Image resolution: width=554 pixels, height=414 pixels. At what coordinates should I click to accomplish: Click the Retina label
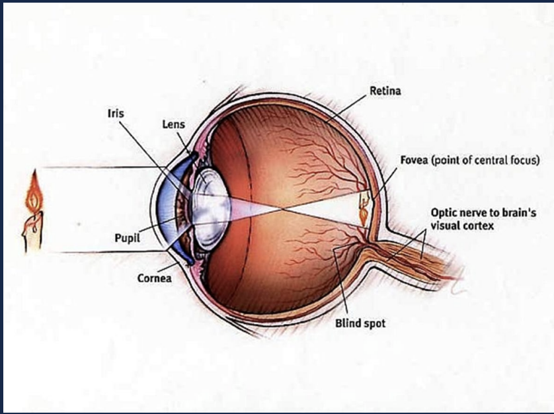tap(386, 91)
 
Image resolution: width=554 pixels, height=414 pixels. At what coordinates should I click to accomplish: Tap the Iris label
tap(116, 113)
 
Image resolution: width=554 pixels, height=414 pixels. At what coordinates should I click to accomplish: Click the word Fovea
tap(414, 160)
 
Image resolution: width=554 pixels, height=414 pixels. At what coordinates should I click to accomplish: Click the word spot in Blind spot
tap(373, 324)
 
